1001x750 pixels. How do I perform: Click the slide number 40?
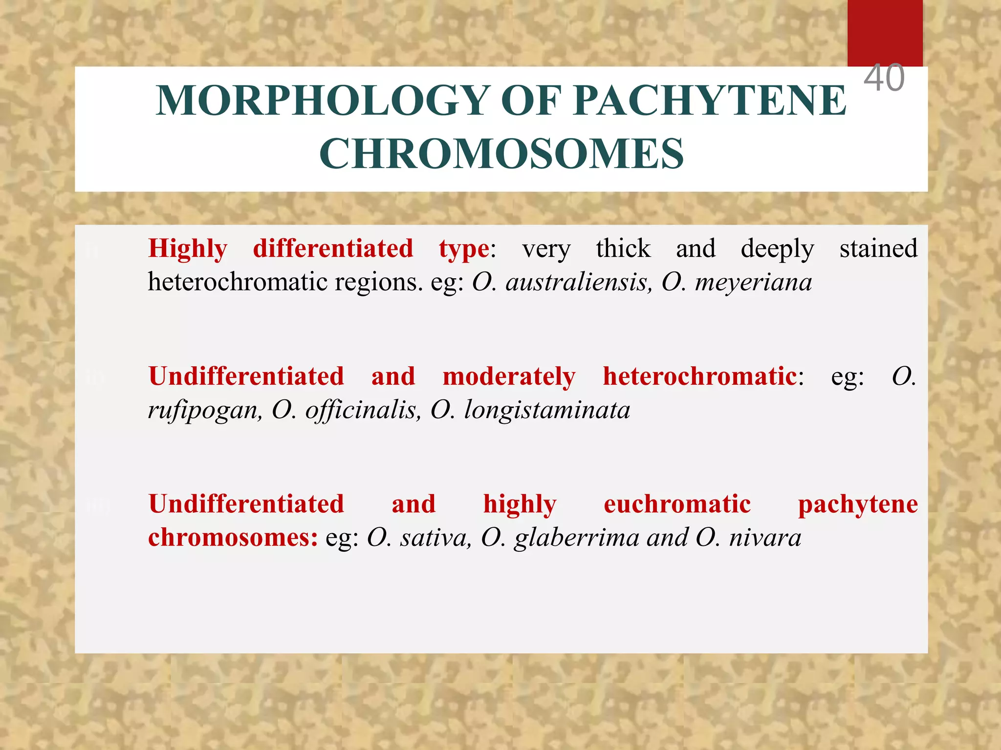pos(884,78)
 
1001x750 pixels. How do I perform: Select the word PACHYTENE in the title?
pos(710,101)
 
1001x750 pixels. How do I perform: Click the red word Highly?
pos(188,249)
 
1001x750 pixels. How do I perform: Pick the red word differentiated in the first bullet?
pos(333,248)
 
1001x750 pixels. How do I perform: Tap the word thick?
pos(623,248)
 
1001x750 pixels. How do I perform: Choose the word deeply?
pos(777,249)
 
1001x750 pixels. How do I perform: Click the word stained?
pos(878,248)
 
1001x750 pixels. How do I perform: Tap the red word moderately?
pos(509,377)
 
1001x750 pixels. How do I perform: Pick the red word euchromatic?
pos(677,504)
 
